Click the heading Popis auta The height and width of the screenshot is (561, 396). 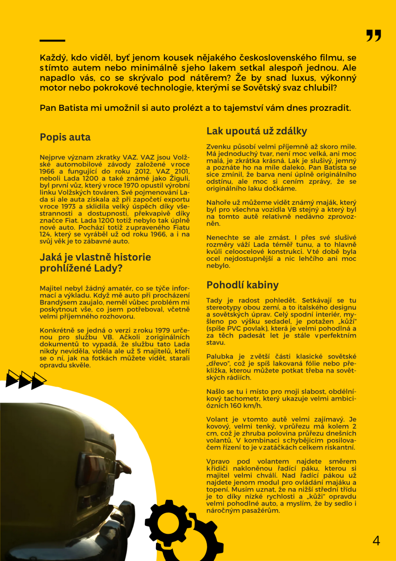[x=65, y=137]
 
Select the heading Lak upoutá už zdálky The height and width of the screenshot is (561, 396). [x=256, y=131]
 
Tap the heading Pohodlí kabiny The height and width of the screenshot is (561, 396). [x=242, y=285]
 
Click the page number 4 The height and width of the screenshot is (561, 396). [x=376, y=541]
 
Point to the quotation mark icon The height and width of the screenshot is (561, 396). [x=374, y=36]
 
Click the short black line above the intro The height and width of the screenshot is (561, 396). [x=52, y=41]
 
